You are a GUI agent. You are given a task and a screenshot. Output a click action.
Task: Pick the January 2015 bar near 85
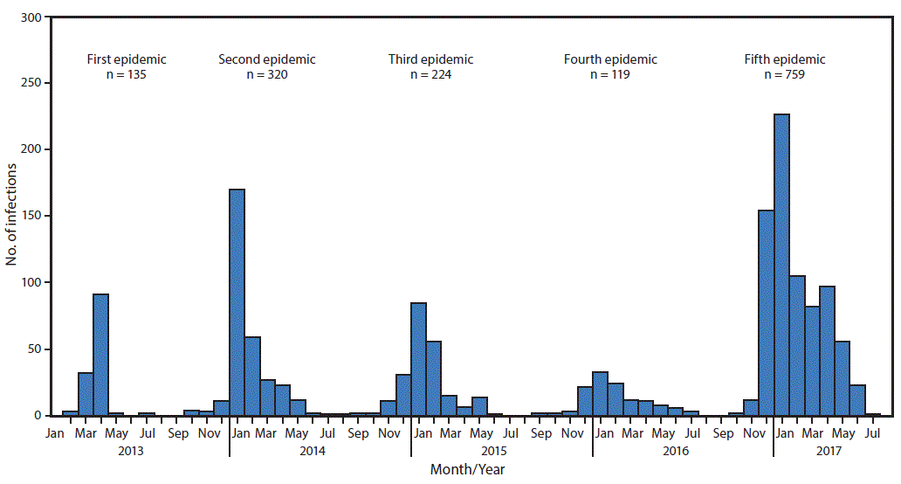(418, 359)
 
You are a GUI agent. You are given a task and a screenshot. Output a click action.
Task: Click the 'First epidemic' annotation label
(127, 59)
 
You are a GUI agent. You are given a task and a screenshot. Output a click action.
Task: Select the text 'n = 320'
(266, 74)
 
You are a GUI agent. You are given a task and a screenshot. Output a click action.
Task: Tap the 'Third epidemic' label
(430, 59)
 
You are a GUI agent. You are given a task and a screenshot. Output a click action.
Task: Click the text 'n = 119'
(609, 74)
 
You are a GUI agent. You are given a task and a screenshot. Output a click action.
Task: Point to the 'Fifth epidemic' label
(784, 59)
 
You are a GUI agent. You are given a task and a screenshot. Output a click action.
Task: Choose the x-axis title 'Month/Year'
(467, 469)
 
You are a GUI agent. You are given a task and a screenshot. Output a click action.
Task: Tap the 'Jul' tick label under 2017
(872, 432)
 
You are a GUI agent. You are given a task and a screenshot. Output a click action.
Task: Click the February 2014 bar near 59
(252, 376)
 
